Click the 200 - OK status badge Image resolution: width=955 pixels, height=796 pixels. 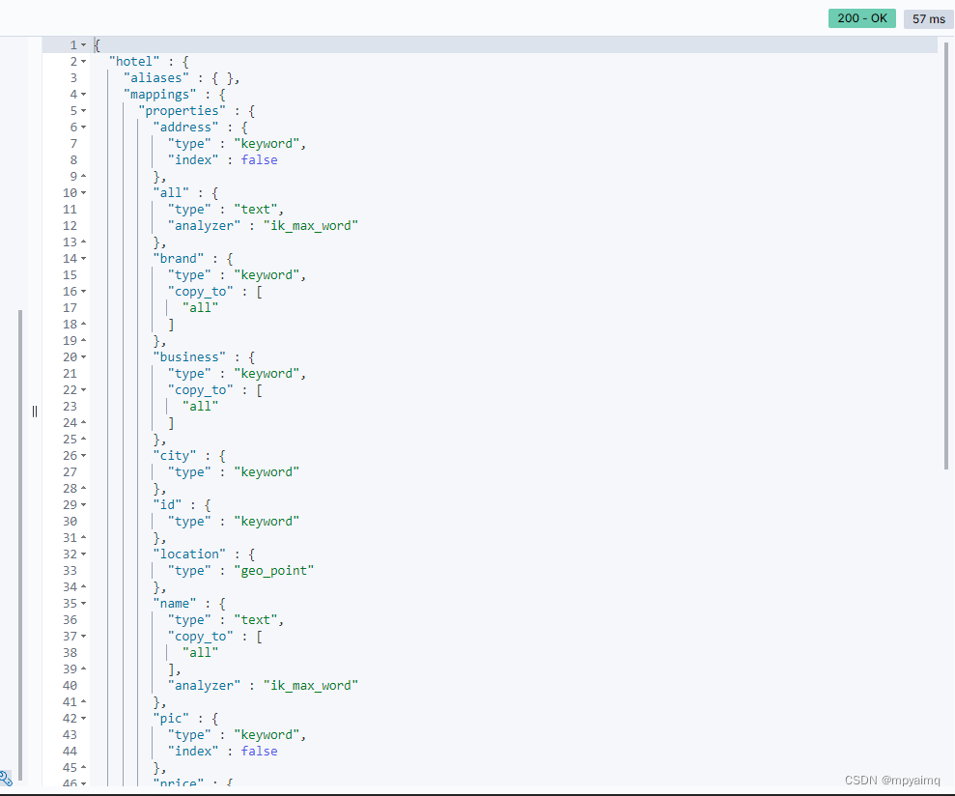861,18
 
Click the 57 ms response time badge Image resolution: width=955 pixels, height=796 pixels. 929,18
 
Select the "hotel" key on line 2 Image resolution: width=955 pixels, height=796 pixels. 132,62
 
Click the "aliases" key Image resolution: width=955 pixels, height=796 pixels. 154,78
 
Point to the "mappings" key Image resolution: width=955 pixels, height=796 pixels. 159,95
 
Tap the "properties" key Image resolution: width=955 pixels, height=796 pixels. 182,111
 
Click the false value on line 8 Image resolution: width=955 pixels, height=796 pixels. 260,160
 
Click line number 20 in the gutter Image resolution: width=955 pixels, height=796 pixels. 70,357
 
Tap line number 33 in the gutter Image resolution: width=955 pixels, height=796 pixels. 70,571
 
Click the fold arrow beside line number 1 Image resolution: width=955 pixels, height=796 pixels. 84,45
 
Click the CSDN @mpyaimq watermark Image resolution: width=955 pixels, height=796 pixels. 892,780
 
